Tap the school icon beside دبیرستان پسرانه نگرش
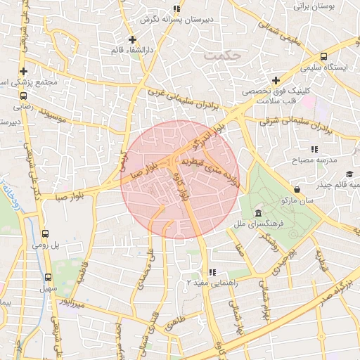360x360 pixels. pos(176,9)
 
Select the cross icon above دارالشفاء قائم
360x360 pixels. pos(132,39)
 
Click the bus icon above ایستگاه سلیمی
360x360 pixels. pos(323,57)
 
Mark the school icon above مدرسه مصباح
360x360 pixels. pos(314,149)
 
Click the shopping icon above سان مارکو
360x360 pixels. pos(298,188)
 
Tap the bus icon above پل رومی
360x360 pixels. pos(46,234)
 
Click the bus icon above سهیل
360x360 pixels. pos(49,277)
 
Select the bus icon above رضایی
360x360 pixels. pos(22,95)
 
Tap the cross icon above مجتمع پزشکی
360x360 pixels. pos(25,71)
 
